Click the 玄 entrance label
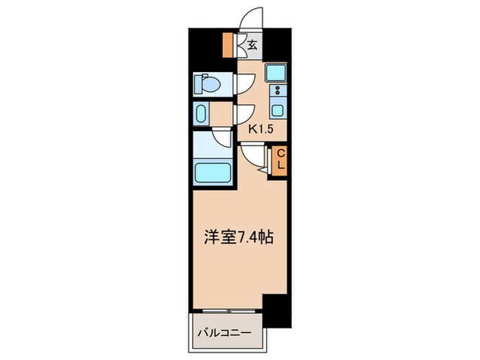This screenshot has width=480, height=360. coord(252,46)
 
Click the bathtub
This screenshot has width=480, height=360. coord(212,171)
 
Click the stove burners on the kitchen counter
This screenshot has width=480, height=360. coord(278,91)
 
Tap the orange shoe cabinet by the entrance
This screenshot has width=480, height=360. coord(228,45)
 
